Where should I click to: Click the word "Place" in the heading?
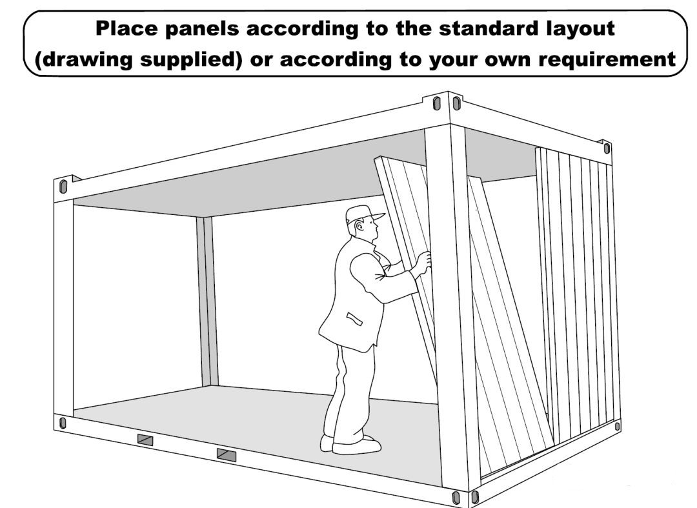click(126, 28)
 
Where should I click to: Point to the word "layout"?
click(580, 29)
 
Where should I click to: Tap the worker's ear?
click(359, 227)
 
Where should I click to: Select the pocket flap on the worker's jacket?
click(354, 319)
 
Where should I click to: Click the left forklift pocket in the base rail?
click(145, 440)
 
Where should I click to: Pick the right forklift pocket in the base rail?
click(227, 455)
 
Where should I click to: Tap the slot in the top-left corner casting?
click(63, 187)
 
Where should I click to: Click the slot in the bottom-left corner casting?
click(63, 423)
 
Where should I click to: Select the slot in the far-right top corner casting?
click(607, 148)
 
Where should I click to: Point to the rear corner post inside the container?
click(207, 301)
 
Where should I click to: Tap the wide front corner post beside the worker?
click(451, 307)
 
